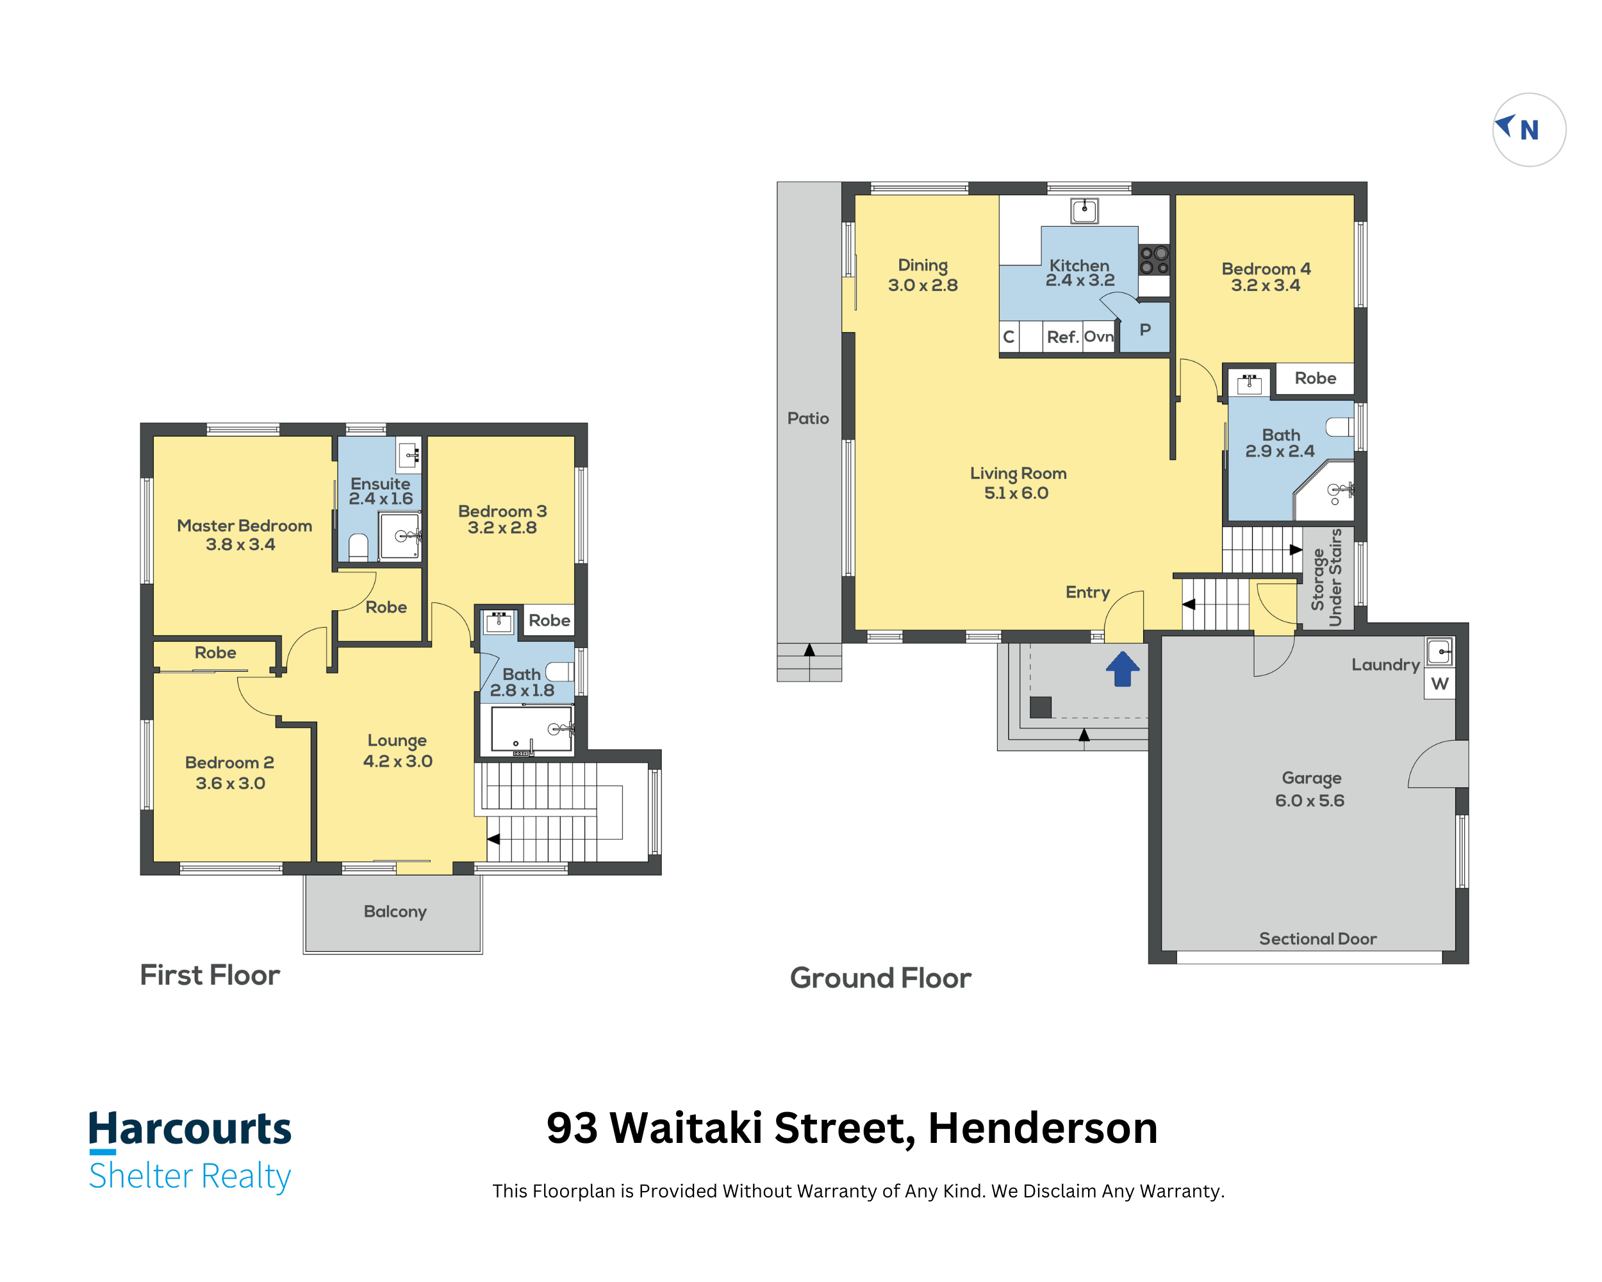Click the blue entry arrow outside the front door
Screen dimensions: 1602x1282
pyautogui.click(x=1122, y=669)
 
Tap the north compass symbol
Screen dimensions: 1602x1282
pyautogui.click(x=1529, y=130)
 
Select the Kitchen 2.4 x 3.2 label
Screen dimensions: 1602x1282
pyautogui.click(x=1080, y=273)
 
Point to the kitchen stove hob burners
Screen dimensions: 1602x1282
pyautogui.click(x=1154, y=260)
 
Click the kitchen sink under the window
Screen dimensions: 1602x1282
pyautogui.click(x=1084, y=210)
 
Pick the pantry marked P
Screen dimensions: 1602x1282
pyautogui.click(x=1145, y=328)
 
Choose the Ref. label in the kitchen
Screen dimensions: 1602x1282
pyautogui.click(x=1062, y=337)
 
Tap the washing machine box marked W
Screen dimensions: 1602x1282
pyautogui.click(x=1440, y=684)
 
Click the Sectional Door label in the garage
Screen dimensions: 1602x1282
pyautogui.click(x=1317, y=938)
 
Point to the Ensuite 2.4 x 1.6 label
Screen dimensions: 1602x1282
pyautogui.click(x=381, y=491)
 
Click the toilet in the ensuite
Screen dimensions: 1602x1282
pyautogui.click(x=358, y=546)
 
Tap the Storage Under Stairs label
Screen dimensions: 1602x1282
pyautogui.click(x=1326, y=578)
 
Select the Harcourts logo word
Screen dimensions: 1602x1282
pyautogui.click(x=190, y=1129)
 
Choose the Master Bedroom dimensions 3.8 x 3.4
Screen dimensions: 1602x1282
pyautogui.click(x=240, y=545)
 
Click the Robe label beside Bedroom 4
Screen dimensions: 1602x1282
pyautogui.click(x=1315, y=378)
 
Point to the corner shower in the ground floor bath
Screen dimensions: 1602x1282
pyautogui.click(x=1326, y=490)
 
